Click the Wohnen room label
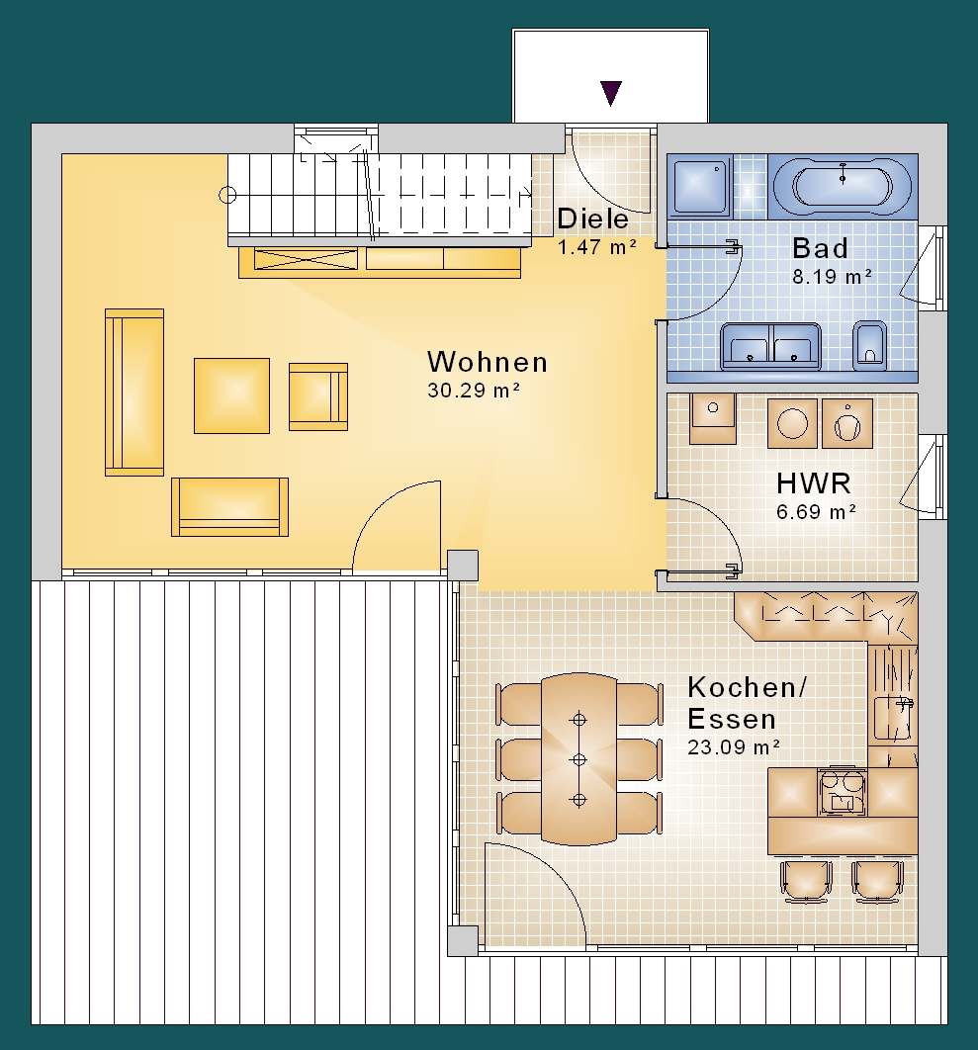488,362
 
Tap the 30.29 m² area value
475,391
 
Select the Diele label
592,219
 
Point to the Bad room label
820,248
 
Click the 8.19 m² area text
832,277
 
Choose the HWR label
813,483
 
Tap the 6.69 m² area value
816,511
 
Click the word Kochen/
747,688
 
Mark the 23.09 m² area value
734,747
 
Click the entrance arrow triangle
610,92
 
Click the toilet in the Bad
869,346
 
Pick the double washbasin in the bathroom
770,346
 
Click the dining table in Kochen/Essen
578,758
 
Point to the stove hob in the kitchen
842,792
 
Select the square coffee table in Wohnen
231,395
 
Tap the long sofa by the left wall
134,393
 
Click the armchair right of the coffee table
318,396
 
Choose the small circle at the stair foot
227,196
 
